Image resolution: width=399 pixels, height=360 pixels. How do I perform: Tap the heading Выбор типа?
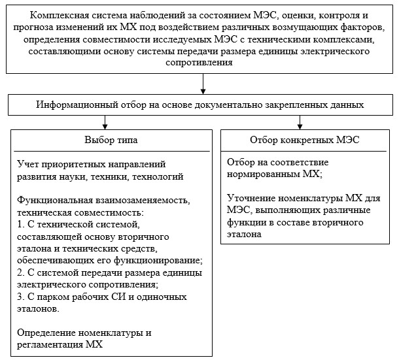111,140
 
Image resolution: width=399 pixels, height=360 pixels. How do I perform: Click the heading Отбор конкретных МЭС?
305,140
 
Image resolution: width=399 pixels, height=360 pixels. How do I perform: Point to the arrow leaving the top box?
203,84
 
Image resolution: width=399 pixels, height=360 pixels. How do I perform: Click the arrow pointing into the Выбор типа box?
105,123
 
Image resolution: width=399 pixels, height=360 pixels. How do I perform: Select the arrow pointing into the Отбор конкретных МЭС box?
300,123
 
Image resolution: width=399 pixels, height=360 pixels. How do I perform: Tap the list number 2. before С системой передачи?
21,273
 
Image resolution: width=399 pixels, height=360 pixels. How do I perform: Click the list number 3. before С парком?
21,297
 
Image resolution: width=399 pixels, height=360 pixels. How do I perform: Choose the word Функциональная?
55,201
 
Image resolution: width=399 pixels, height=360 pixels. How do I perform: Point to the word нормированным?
263,174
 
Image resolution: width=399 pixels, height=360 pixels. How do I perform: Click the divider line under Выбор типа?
112,152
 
